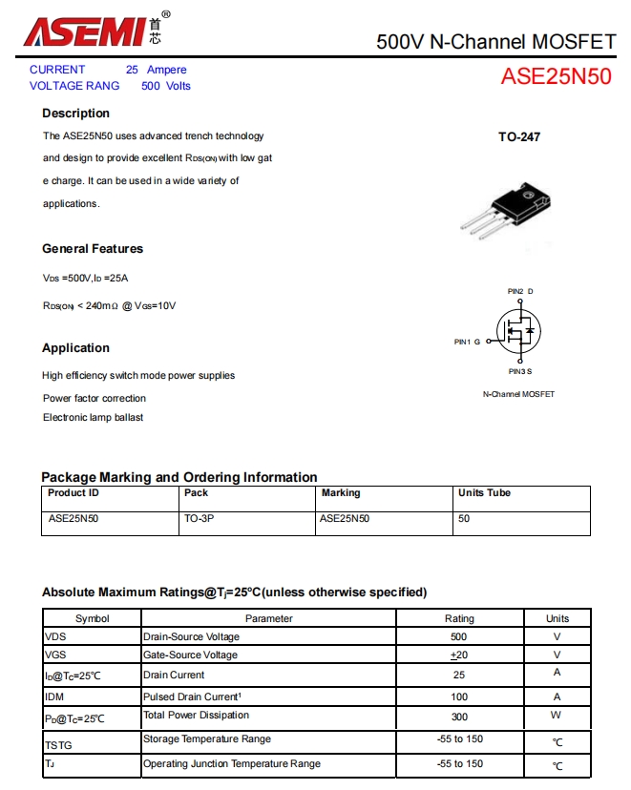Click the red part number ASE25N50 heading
pyautogui.click(x=556, y=77)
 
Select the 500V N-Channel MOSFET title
pyautogui.click(x=495, y=42)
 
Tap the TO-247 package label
pyautogui.click(x=519, y=137)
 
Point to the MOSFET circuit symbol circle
pyautogui.click(x=517, y=331)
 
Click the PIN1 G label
pyautogui.click(x=467, y=342)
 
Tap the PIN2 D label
pyautogui.click(x=520, y=291)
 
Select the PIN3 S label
pyautogui.click(x=520, y=371)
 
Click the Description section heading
pyautogui.click(x=75, y=114)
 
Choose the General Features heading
pyautogui.click(x=93, y=249)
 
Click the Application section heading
pyautogui.click(x=75, y=348)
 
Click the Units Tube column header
pyautogui.click(x=484, y=493)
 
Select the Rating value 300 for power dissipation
pyautogui.click(x=459, y=716)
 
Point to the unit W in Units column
pyautogui.click(x=557, y=716)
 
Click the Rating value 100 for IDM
pyautogui.click(x=459, y=696)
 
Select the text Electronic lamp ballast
pyautogui.click(x=93, y=418)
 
